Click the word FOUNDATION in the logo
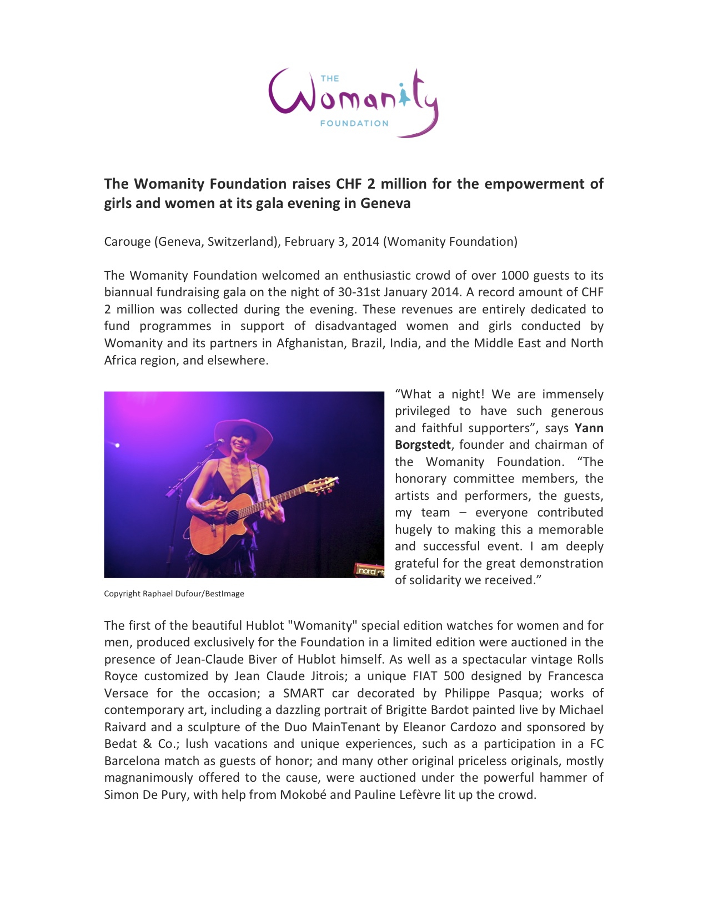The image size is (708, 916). point(354,123)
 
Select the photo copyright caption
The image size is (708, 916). point(174,594)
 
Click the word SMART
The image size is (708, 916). point(303,694)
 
